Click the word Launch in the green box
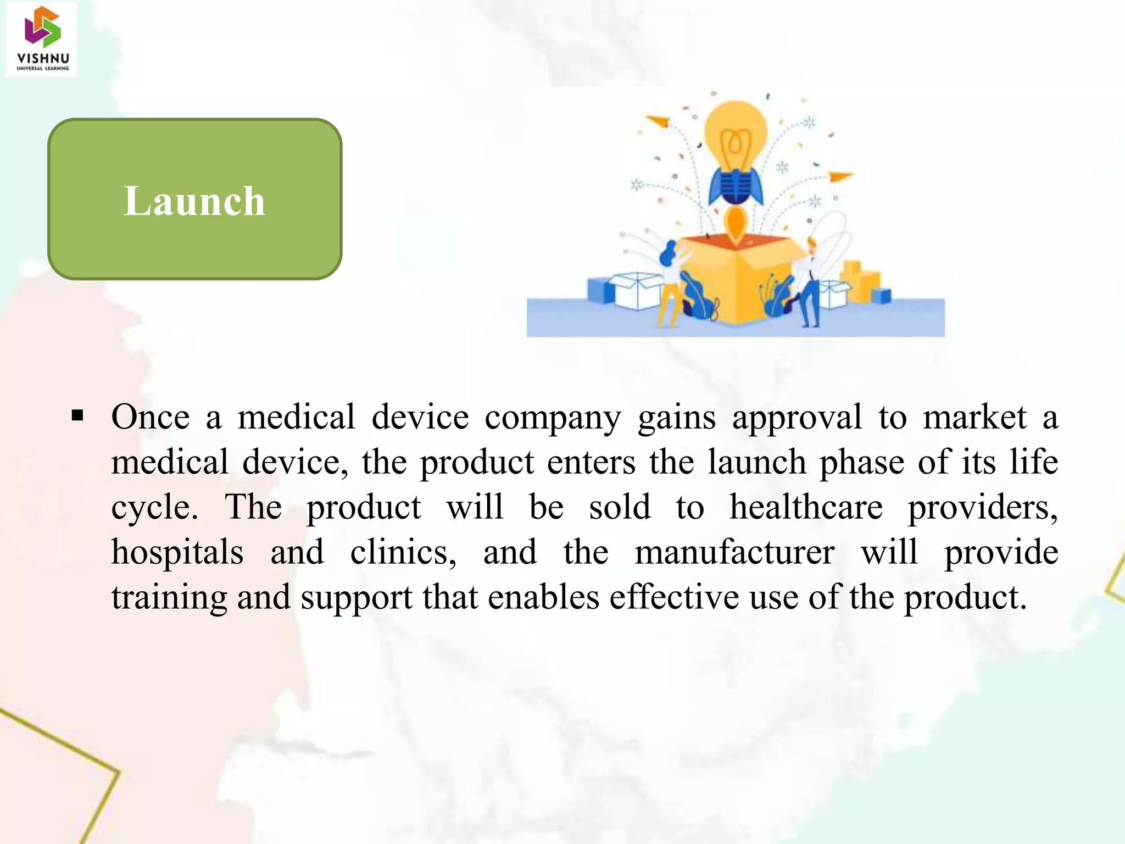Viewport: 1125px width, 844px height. pyautogui.click(x=194, y=201)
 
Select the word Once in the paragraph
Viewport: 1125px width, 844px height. pyautogui.click(x=150, y=417)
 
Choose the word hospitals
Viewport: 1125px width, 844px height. pyautogui.click(x=177, y=552)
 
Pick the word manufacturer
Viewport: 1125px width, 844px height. pyautogui.click(x=734, y=552)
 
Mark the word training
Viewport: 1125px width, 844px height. pyautogui.click(x=169, y=598)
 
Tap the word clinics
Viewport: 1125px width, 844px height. pyautogui.click(x=403, y=552)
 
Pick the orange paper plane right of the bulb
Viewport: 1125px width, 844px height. pyautogui.click(x=840, y=176)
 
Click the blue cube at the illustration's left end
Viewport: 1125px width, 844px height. pyautogui.click(x=601, y=290)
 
